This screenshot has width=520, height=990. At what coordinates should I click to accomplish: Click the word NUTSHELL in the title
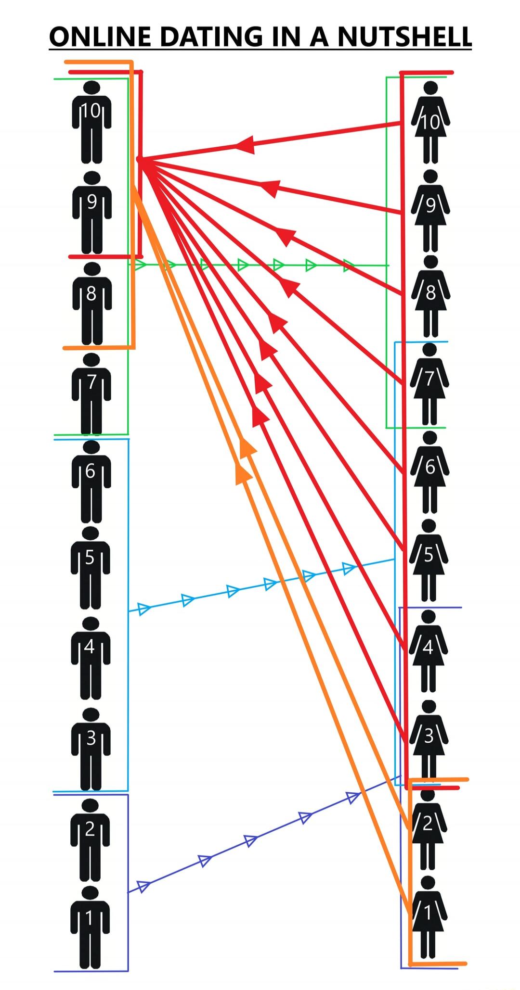tap(404, 37)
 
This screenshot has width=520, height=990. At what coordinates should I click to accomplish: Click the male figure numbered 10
tap(92, 122)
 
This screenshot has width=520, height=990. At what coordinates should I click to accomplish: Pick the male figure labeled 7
tap(91, 393)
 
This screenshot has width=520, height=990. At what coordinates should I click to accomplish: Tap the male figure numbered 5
tap(91, 568)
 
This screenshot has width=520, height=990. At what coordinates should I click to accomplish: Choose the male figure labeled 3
tap(91, 749)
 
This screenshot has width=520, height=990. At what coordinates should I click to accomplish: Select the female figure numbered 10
tap(431, 122)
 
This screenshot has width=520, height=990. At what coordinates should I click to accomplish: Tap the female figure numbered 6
tap(430, 472)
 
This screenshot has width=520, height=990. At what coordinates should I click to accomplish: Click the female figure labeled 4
tap(429, 651)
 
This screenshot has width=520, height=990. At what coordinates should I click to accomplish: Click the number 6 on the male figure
tap(91, 472)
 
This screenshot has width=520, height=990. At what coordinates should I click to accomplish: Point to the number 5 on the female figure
tap(429, 556)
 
